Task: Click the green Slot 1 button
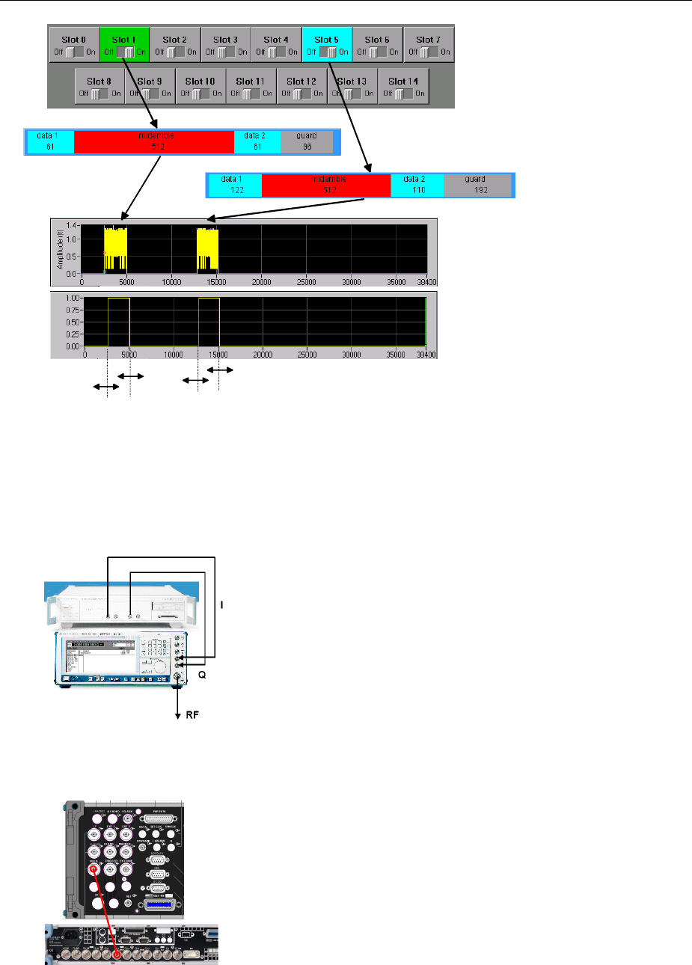125,45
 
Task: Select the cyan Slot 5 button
327,45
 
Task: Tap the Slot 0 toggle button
74,45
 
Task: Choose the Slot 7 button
429,45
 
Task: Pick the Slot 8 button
99,86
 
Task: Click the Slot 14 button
403,86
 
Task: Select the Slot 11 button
251,86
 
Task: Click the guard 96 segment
307,141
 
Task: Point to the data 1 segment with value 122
233,185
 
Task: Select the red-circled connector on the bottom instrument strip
117,955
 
